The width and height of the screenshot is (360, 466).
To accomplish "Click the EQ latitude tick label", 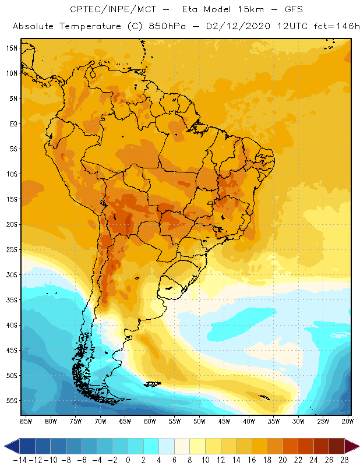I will pyautogui.click(x=13, y=124).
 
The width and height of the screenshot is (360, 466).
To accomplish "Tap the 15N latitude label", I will pyautogui.click(x=12, y=48).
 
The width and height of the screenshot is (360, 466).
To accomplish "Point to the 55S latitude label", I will pyautogui.click(x=12, y=401).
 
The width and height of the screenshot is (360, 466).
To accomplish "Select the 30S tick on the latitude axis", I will pyautogui.click(x=12, y=275).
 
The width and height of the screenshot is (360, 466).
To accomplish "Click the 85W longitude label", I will pyautogui.click(x=26, y=421).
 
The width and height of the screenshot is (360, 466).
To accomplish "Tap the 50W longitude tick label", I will pyautogui.click(x=200, y=421).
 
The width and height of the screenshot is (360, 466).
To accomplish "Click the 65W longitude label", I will pyautogui.click(x=125, y=421).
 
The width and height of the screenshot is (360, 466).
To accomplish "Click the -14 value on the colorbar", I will pyautogui.click(x=19, y=460).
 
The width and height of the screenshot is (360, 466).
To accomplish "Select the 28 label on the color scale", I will pyautogui.click(x=344, y=460).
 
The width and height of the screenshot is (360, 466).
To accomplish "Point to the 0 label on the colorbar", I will pyautogui.click(x=128, y=460).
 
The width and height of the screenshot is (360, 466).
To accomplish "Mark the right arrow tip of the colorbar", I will pyautogui.click(x=357, y=446).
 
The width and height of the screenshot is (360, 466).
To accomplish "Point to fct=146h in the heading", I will pyautogui.click(x=338, y=27).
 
